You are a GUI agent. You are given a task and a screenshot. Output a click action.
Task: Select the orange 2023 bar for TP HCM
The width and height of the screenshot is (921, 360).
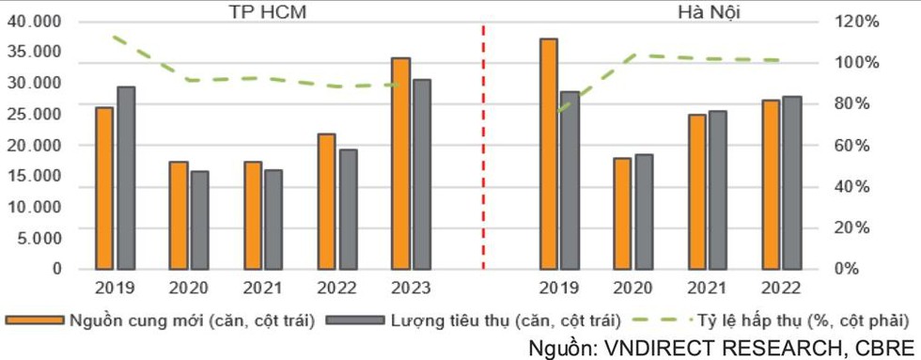pos(400,164)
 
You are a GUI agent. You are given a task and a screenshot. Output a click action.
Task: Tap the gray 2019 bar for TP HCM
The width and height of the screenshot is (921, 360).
pos(126,178)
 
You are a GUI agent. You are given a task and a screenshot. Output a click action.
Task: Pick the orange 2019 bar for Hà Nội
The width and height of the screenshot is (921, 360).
pos(548,154)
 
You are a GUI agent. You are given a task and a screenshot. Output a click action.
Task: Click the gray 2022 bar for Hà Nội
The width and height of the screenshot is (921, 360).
pos(792,182)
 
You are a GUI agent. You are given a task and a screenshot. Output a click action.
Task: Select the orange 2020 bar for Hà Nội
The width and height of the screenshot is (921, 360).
pos(621,213)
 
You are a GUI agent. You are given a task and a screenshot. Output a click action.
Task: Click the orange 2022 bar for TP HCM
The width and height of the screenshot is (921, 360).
pos(326,201)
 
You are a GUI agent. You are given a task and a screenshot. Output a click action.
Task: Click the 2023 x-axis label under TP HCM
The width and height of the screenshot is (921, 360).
pos(411,287)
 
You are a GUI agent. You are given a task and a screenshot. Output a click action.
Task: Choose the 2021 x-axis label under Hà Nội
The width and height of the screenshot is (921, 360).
pos(707,287)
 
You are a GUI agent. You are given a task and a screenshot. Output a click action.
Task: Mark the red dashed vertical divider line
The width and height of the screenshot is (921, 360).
pos(483,150)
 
